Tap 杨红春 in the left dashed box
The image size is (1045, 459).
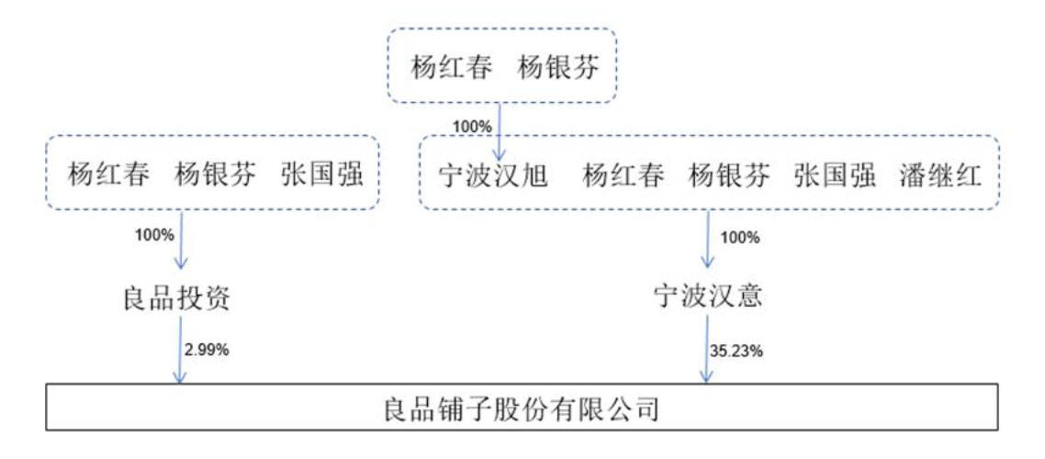tap(108, 175)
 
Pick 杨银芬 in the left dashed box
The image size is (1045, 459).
tap(215, 175)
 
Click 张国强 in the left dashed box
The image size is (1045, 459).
tap(322, 175)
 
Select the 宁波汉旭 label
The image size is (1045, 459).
tap(493, 176)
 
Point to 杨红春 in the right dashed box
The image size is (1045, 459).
tap(624, 176)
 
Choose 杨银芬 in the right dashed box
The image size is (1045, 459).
tap(729, 176)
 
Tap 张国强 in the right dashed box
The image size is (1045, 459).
tap(835, 176)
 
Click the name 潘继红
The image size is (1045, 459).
tap(940, 176)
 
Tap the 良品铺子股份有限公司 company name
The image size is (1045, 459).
tap(522, 409)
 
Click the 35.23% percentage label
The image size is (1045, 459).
tap(736, 351)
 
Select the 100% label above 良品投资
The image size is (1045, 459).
tap(154, 235)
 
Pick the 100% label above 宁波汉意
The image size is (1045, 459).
tap(740, 238)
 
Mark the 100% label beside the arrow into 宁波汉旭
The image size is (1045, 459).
tap(472, 126)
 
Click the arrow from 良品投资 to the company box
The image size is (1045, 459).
tap(180, 350)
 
